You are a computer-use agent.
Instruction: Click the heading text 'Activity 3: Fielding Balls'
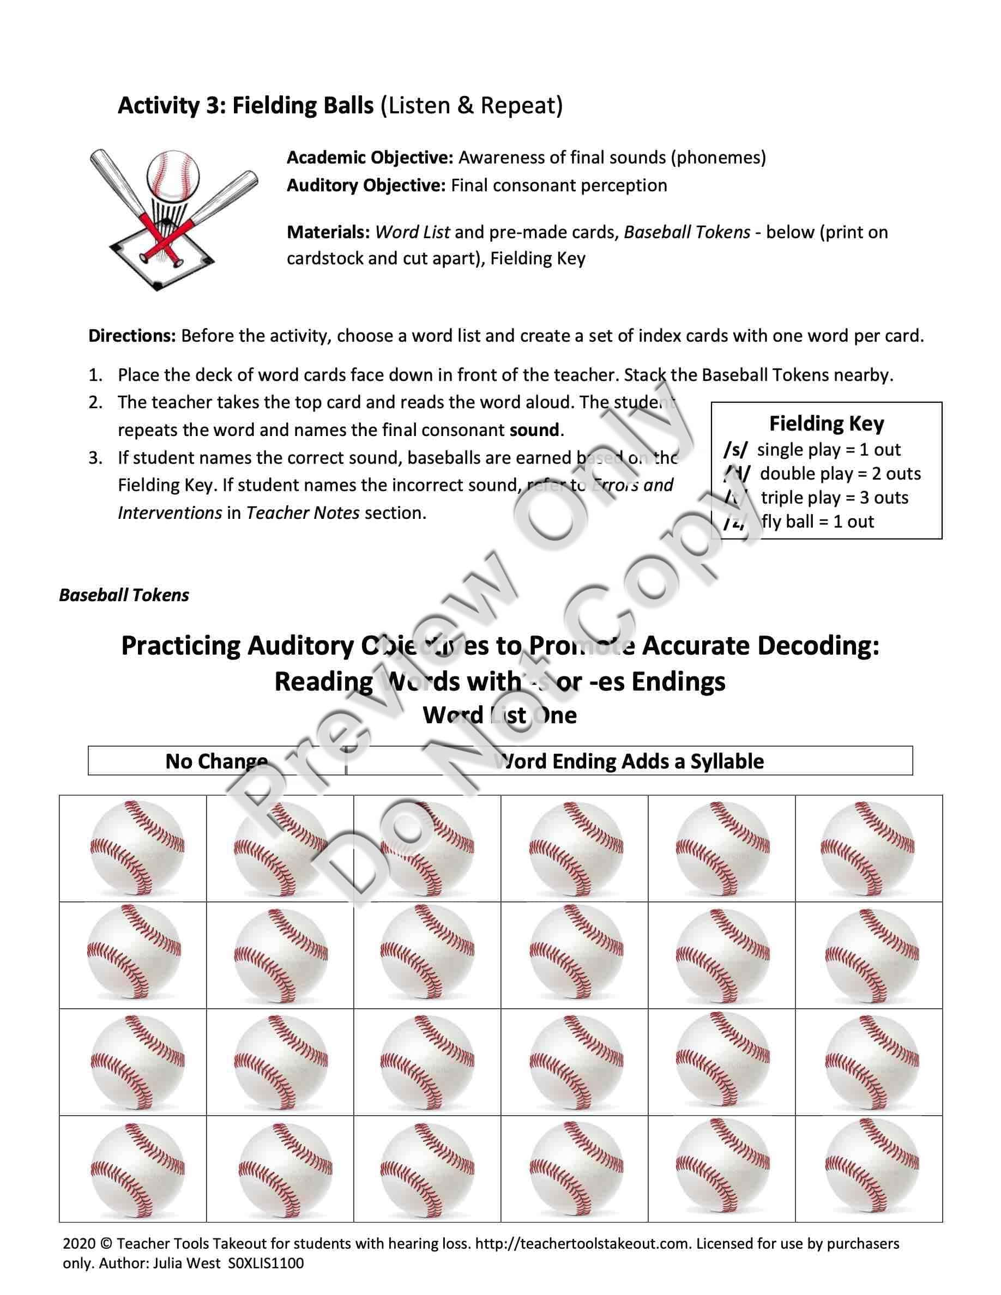coord(245,106)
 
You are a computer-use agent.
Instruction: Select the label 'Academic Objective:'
coord(370,158)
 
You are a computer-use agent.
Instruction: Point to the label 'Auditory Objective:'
coord(366,186)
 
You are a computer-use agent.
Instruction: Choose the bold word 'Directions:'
coord(131,336)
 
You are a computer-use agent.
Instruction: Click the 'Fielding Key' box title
coord(826,423)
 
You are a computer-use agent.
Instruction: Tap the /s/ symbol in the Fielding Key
coord(735,450)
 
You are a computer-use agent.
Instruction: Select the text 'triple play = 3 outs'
coord(834,498)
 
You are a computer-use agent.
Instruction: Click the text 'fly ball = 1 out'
coord(818,522)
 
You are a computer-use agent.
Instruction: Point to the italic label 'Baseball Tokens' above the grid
coord(124,595)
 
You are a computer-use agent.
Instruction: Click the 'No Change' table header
coord(216,761)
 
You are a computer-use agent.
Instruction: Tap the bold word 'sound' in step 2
coord(534,430)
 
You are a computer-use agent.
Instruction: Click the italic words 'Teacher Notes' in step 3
coord(303,513)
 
